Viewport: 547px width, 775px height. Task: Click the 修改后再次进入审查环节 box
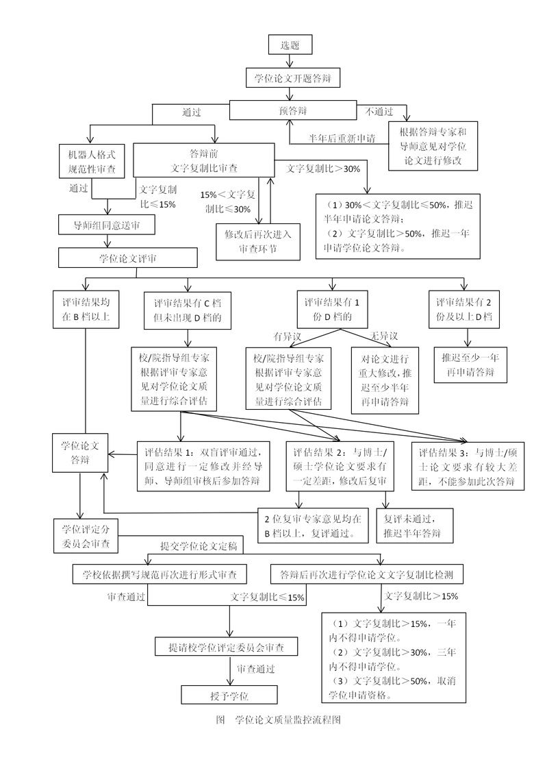pyautogui.click(x=258, y=241)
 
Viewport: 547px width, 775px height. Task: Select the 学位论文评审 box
pyautogui.click(x=128, y=258)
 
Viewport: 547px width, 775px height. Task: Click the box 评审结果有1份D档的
pyautogui.click(x=332, y=309)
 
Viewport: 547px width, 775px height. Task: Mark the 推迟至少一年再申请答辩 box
pyautogui.click(x=468, y=366)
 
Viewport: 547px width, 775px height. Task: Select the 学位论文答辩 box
pyautogui.click(x=81, y=453)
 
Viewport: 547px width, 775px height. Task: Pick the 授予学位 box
pyautogui.click(x=229, y=695)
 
